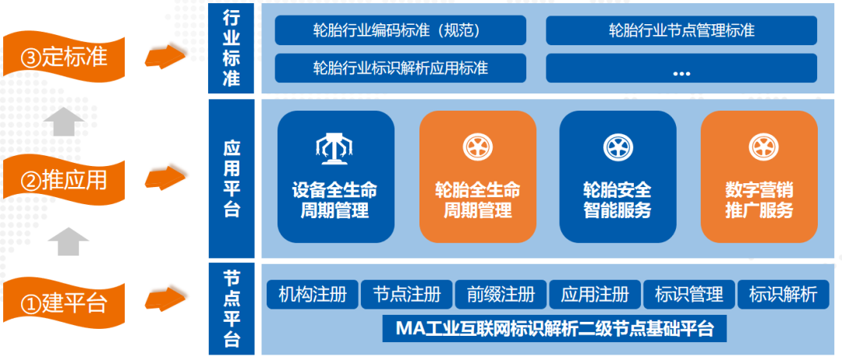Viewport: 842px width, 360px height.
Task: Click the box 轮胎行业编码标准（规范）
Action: coord(401,30)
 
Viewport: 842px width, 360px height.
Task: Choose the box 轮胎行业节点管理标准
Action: coord(681,30)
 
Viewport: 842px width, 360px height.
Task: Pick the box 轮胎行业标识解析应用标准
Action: coord(401,68)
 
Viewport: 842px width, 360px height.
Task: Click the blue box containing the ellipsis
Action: coord(681,68)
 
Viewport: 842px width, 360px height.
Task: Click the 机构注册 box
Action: coord(313,295)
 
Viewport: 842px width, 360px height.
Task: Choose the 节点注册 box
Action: coord(406,295)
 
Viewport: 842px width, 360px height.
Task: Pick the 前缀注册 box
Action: coord(501,295)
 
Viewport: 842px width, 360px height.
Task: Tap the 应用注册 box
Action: coord(595,295)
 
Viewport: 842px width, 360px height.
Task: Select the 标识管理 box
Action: coord(689,295)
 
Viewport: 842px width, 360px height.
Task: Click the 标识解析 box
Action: coord(783,295)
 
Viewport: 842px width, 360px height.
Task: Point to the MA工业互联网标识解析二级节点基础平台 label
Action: coord(555,328)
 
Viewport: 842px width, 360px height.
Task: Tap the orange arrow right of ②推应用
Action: coord(165,177)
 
